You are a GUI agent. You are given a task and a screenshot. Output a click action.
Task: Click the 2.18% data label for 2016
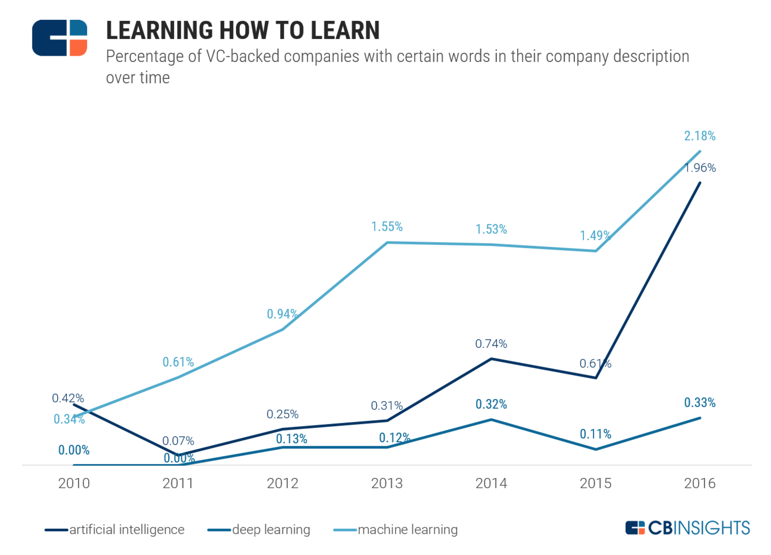(700, 136)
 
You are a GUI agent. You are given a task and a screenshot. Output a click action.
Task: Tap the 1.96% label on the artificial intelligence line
(700, 168)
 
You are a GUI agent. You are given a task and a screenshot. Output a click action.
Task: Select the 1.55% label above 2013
(387, 226)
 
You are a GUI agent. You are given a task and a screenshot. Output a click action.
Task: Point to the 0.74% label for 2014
(491, 344)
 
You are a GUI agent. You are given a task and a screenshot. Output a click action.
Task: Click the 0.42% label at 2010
(68, 398)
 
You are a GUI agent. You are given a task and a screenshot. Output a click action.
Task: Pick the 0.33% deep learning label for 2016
(700, 403)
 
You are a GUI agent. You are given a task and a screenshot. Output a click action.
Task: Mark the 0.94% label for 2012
(282, 314)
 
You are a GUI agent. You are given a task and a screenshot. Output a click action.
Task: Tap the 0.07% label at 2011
(178, 441)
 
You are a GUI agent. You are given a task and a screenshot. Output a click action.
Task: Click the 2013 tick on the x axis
(387, 483)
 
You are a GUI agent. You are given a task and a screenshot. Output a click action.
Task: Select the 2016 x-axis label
(700, 483)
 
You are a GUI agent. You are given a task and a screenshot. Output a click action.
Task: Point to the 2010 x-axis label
(74, 483)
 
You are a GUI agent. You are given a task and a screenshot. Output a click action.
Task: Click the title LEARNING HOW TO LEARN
(243, 30)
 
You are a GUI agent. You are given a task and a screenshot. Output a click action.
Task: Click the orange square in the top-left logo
(78, 47)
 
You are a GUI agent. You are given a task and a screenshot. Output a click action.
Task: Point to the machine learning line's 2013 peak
(387, 243)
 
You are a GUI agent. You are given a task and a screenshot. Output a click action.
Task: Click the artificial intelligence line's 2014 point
(491, 359)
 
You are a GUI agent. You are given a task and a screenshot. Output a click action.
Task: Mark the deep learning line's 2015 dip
(596, 449)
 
